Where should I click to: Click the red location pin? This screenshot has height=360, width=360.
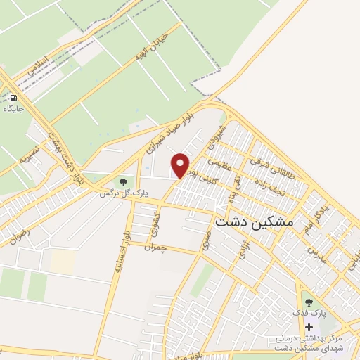click(x=181, y=165)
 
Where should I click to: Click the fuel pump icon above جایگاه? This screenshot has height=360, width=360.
click(x=13, y=98)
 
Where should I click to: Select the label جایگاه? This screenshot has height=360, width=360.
click(x=13, y=109)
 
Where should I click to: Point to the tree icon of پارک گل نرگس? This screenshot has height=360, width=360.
click(x=124, y=184)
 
